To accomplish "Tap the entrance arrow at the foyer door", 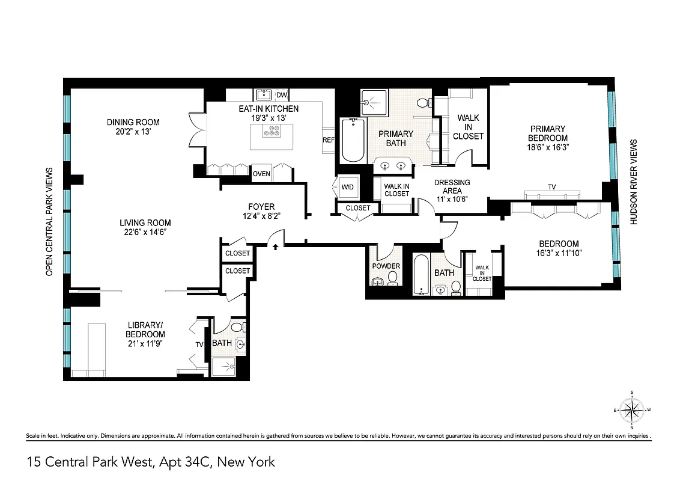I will pos(276,246).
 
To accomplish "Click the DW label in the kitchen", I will pos(281,95).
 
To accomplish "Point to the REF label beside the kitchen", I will pos(329,139).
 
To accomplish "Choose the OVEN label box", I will pos(261,174).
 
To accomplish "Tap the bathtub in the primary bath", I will pos(353,140).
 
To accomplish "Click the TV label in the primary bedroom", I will pos(551,187).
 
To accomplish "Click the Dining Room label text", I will pos(133,122).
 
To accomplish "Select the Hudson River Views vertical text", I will pos(633,182).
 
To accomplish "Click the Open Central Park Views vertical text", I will pos(50,221).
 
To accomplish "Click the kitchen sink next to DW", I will pos(264,94).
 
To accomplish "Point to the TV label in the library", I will pos(199,345).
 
